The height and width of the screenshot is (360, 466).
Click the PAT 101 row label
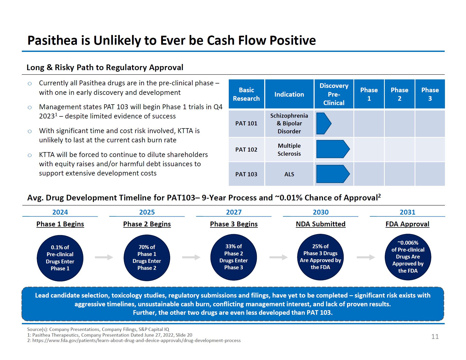246,123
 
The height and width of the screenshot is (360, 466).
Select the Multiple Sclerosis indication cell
289,150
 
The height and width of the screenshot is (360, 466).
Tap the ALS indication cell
289,174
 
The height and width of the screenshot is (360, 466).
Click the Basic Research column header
246,94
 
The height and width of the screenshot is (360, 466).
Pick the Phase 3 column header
430,94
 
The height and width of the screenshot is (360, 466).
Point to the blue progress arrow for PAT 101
323,123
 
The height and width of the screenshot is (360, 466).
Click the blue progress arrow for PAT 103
333,174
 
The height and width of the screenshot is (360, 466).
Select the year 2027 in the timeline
234,212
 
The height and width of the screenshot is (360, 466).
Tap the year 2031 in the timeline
407,212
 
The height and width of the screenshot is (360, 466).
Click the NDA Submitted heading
321,224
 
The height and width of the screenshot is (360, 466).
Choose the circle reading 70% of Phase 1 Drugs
147,257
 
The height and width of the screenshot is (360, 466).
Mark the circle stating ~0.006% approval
408,257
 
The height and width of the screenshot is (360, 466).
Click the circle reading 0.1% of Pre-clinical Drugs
60,258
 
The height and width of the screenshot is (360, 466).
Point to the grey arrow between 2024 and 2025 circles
104,257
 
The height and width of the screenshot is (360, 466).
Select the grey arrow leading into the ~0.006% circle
366,257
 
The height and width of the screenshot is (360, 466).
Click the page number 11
435,337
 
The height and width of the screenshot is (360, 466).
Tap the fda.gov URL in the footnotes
136,340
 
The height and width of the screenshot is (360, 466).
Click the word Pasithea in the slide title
52,40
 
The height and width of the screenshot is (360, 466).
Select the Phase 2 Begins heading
147,224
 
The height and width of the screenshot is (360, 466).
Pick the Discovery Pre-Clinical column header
334,94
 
